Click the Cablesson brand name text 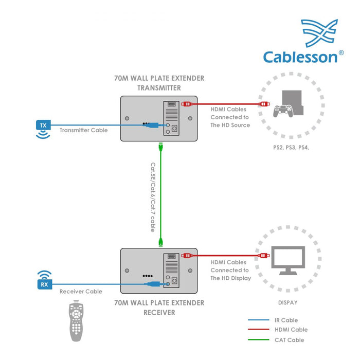(x=301, y=56)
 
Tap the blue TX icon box (x=43, y=125)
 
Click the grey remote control (x=78, y=321)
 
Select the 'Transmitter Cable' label (x=83, y=130)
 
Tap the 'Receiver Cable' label (x=80, y=292)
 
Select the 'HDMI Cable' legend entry (x=291, y=330)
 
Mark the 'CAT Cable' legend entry (x=290, y=339)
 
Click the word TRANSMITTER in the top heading (x=159, y=87)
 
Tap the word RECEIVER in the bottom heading (x=159, y=312)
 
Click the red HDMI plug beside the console (x=264, y=104)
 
